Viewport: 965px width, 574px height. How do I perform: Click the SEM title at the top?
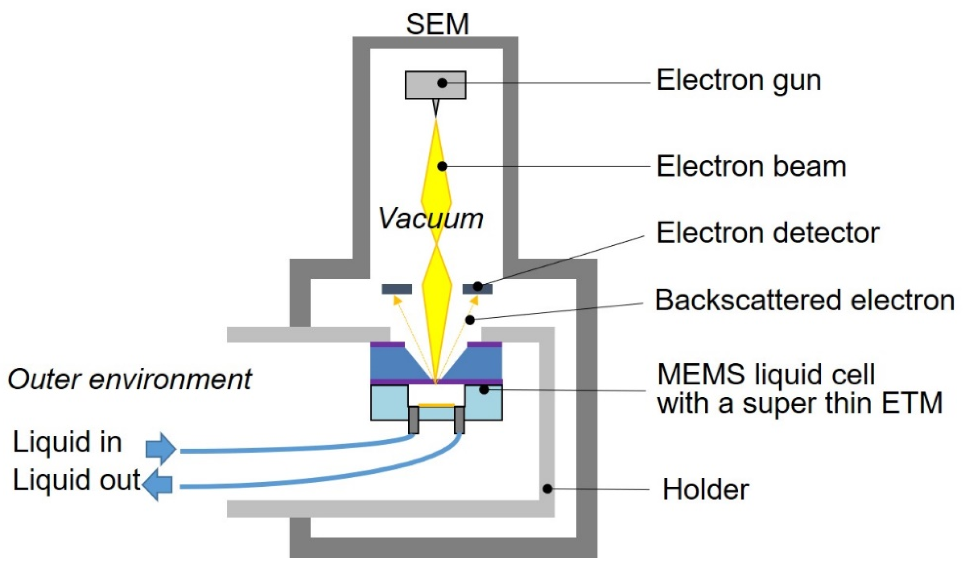coord(437,24)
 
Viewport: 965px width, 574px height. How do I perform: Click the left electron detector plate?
coord(396,289)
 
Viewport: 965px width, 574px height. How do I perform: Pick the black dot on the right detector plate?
coord(478,287)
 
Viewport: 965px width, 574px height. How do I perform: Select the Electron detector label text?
coord(768,233)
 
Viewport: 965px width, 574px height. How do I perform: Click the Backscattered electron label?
coord(805,300)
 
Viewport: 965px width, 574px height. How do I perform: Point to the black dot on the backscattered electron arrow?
coord(470,320)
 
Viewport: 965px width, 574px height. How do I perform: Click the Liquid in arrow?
coord(161,449)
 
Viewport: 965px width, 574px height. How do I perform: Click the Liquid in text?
coord(67,442)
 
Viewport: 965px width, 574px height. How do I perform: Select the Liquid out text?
coord(76,480)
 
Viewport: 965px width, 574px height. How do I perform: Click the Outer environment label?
coord(130,379)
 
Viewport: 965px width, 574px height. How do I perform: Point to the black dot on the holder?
coord(547,489)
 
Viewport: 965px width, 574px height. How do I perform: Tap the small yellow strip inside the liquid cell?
coord(436,406)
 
